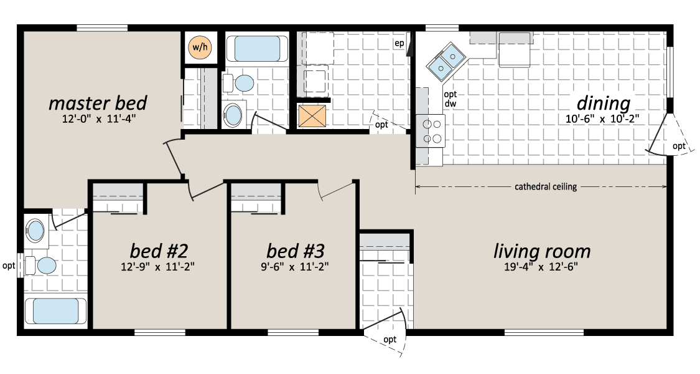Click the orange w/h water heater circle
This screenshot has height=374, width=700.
click(x=200, y=47)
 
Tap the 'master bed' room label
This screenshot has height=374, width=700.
click(x=98, y=103)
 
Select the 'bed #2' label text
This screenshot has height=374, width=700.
click(x=159, y=251)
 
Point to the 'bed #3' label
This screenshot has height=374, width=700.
click(x=295, y=251)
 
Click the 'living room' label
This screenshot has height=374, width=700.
click(x=542, y=251)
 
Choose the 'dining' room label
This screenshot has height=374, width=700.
click(x=604, y=103)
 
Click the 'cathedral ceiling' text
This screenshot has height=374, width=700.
click(x=546, y=186)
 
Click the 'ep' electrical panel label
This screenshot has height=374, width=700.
click(x=399, y=44)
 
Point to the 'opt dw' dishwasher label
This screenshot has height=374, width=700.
click(x=450, y=99)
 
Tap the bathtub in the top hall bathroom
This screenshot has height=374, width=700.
click(x=257, y=49)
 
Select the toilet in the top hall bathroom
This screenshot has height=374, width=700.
click(x=238, y=83)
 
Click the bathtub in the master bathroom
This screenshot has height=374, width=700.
click(x=55, y=311)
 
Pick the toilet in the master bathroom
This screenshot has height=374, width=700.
click(x=40, y=266)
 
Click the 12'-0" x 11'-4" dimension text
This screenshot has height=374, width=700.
click(x=98, y=120)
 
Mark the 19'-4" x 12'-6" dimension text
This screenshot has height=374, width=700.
click(x=541, y=267)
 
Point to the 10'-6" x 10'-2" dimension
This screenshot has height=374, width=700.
click(x=604, y=119)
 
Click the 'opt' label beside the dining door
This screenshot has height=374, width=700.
click(x=679, y=146)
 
